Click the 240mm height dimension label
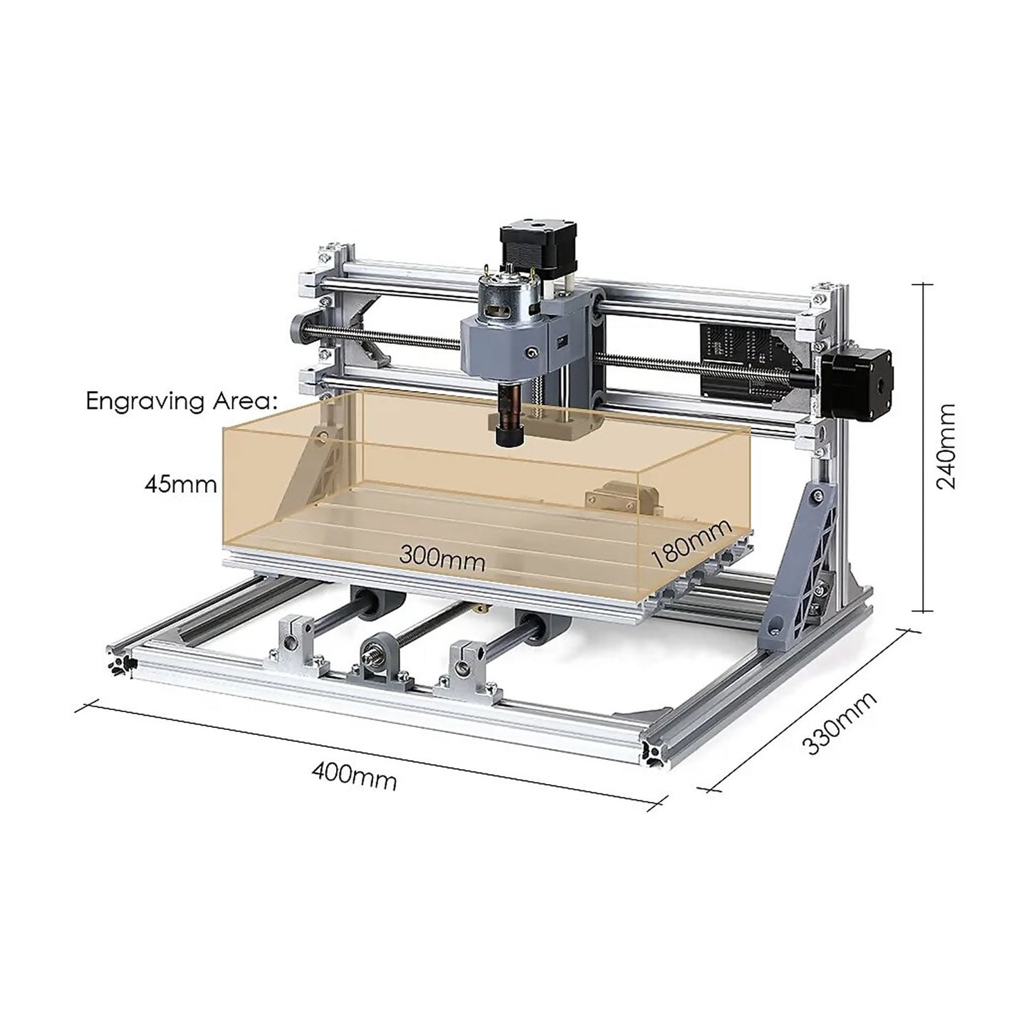pos(946,446)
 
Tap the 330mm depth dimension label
pos(839,724)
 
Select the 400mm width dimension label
pos(354,776)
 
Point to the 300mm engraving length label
pos(442,557)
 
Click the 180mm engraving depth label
pos(691,543)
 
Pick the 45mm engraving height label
pos(180,485)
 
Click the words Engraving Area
pos(179,401)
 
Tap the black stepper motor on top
pos(526,253)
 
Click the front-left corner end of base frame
pos(121,659)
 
